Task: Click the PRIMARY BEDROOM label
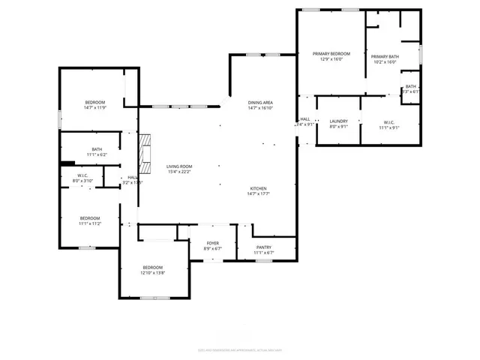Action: coord(331,54)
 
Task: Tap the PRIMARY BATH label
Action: coord(385,56)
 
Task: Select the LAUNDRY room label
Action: coord(338,121)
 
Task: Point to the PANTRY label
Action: coord(263,247)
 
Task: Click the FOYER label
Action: coord(213,243)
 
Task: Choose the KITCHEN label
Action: coord(259,188)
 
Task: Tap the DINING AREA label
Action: coord(260,102)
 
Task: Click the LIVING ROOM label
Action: coord(179,166)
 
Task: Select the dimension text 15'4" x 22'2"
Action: coord(179,172)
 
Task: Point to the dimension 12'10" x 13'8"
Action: coord(152,273)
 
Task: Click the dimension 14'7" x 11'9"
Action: coord(94,108)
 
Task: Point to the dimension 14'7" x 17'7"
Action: coord(259,194)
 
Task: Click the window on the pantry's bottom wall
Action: coord(263,260)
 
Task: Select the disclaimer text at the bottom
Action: coord(239,349)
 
